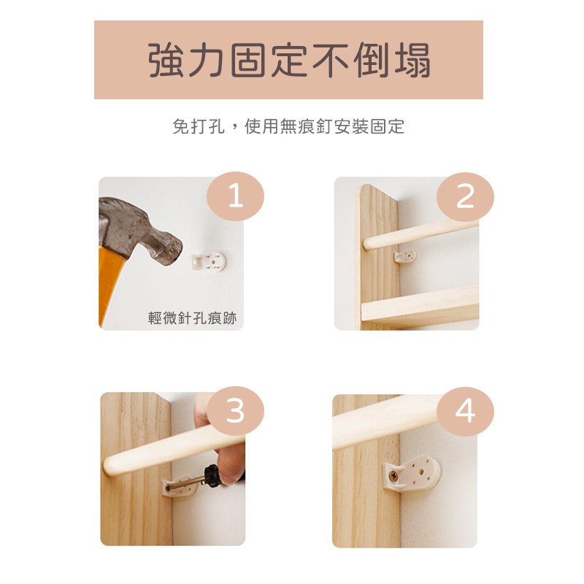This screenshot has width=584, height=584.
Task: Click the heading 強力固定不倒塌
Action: point(289,61)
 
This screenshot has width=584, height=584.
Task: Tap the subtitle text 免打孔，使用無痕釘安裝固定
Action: point(288,126)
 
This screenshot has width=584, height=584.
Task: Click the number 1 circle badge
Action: point(235,196)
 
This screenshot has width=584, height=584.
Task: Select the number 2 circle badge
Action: point(465,196)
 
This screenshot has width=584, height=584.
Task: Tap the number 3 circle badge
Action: point(235,411)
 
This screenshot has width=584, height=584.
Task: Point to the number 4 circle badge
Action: point(465,411)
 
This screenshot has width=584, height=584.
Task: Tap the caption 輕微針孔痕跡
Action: point(193,319)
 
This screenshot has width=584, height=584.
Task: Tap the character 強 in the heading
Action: point(164,61)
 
